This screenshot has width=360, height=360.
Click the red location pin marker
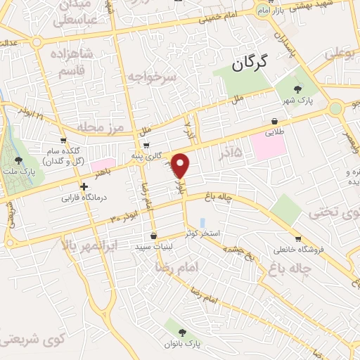pos(181,165)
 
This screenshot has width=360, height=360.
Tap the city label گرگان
pos(251,65)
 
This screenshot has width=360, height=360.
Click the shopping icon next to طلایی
pos(274,121)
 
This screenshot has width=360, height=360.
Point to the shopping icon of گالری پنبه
pos(146,146)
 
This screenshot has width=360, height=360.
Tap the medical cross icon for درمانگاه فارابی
pos(84,187)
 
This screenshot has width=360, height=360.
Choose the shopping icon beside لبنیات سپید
pos(153,236)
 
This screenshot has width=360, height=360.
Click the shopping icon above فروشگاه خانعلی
pos(298,238)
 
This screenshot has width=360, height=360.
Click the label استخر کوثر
pos(201,233)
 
